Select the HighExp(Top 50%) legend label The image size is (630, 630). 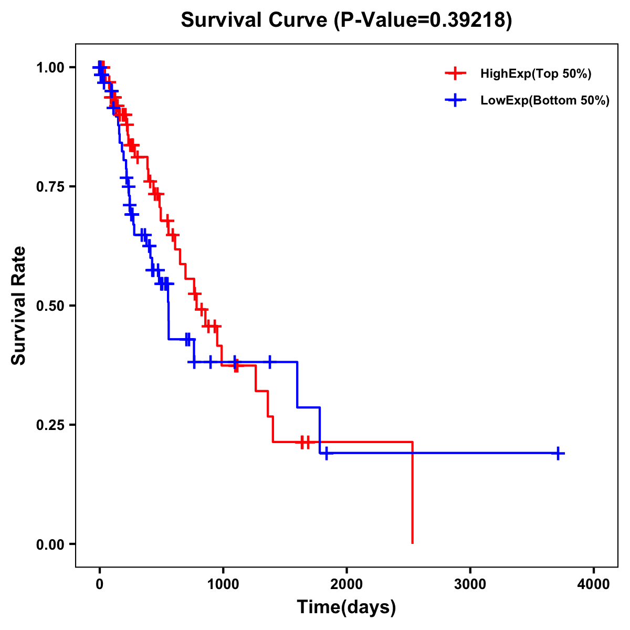[536, 74]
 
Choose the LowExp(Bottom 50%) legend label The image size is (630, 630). [545, 101]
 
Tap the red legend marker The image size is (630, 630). [456, 74]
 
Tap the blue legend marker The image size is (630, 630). [456, 101]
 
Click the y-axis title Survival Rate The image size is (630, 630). [19, 305]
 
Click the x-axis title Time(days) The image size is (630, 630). [346, 607]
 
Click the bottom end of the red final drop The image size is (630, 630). [413, 543]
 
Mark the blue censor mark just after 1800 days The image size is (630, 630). [327, 453]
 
